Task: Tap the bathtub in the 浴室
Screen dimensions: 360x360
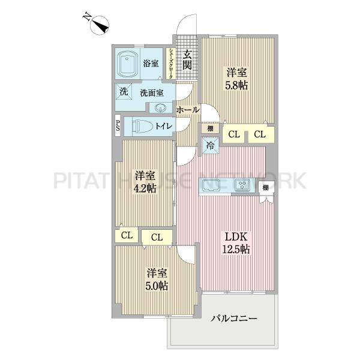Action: coord(128,63)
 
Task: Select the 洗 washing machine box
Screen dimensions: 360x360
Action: coord(122,92)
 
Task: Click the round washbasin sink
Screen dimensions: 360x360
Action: coord(161,108)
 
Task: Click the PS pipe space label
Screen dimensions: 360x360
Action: coord(118,126)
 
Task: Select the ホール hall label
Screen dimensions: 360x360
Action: coord(188,110)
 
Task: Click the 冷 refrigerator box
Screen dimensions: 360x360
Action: coord(210,145)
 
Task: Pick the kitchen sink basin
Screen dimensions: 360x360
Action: coord(213,185)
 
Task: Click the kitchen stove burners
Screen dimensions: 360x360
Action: coord(243,185)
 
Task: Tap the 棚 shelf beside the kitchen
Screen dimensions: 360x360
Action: coord(265,188)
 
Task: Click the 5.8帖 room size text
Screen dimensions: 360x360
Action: coord(238,85)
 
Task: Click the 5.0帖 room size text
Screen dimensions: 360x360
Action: coord(157,285)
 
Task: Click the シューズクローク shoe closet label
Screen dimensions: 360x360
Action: coord(172,64)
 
